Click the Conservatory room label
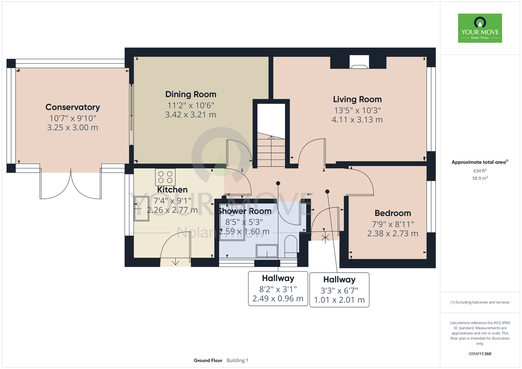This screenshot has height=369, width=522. click(73, 107)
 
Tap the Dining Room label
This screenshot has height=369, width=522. click(191, 94)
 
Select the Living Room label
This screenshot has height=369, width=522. click(357, 99)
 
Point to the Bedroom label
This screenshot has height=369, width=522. click(393, 213)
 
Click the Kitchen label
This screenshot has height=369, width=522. click(172, 189)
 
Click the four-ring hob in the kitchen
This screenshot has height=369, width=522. click(165, 177)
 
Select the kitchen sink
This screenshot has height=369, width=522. click(141, 209)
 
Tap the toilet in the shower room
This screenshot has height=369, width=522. click(290, 244)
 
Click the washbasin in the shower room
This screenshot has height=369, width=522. click(267, 251)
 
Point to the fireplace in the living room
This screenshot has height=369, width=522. click(359, 62)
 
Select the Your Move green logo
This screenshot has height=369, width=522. click(480, 28)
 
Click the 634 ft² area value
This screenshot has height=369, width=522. click(480, 171)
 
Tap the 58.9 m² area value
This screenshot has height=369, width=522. click(480, 178)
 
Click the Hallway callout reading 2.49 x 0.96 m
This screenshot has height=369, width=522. click(278, 289)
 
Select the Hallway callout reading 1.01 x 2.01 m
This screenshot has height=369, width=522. click(339, 290)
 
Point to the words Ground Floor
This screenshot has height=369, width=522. click(208, 360)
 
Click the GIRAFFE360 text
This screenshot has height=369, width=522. click(480, 354)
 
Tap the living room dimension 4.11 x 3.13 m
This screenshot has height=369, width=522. click(357, 120)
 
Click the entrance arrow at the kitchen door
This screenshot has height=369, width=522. click(175, 261)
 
